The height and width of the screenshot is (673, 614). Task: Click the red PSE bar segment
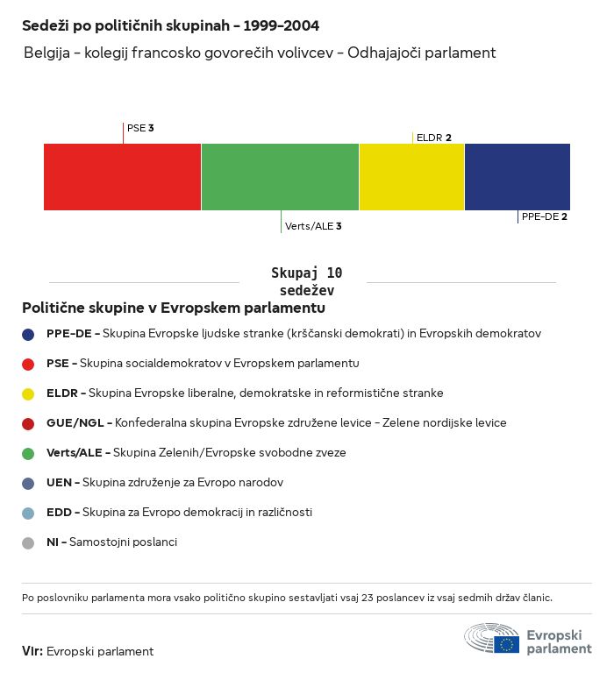(x=122, y=177)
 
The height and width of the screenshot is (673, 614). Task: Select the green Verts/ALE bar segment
(x=280, y=177)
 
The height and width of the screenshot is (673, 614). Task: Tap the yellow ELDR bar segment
(x=411, y=177)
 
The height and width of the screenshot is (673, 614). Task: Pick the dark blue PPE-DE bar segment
(x=517, y=177)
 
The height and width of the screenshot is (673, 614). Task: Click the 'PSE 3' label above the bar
(x=140, y=128)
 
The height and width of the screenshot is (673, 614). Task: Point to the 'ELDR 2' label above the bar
(x=434, y=138)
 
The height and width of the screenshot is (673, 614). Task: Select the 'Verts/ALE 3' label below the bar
(x=313, y=226)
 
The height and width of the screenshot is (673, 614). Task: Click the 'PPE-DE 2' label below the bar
(x=544, y=216)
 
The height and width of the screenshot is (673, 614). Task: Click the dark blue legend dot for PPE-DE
(x=28, y=334)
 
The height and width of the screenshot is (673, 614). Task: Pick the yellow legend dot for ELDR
(x=28, y=393)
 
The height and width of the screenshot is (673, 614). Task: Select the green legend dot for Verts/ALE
(x=28, y=453)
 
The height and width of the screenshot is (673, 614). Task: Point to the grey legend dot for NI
(x=28, y=542)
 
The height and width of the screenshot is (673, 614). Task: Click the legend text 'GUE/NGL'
(x=75, y=423)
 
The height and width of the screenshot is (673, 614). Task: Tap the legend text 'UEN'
(x=60, y=483)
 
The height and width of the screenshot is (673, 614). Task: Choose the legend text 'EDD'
(x=60, y=513)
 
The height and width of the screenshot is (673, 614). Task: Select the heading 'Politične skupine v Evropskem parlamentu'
(x=174, y=308)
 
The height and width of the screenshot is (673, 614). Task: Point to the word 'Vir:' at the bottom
(x=32, y=651)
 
